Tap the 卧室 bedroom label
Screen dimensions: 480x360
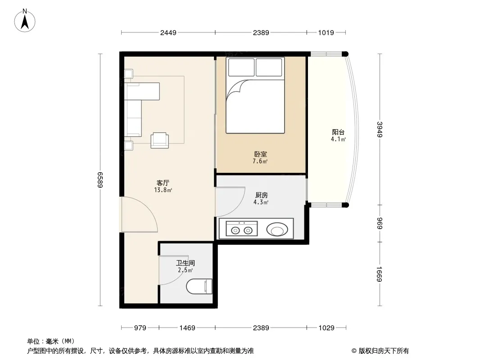pyautogui.click(x=261, y=154)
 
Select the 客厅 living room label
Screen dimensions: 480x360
pyautogui.click(x=163, y=183)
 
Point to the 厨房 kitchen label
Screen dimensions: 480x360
pyautogui.click(x=262, y=195)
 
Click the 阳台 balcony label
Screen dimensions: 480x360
pyautogui.click(x=338, y=132)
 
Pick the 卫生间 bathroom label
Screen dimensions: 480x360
pyautogui.click(x=185, y=263)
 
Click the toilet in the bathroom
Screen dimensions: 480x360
pyautogui.click(x=199, y=287)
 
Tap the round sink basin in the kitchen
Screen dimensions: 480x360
pyautogui.click(x=277, y=229)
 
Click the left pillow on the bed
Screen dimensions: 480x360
pyautogui.click(x=241, y=67)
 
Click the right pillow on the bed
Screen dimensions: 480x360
pyautogui.click(x=269, y=67)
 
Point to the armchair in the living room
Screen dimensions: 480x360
pyautogui.click(x=159, y=140)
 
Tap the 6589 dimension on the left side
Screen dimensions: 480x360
pyautogui.click(x=100, y=180)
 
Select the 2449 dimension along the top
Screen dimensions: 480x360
pyautogui.click(x=168, y=32)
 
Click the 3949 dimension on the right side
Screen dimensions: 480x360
pyautogui.click(x=380, y=130)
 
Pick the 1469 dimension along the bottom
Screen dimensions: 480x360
pyautogui.click(x=187, y=328)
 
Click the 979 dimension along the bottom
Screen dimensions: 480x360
pyautogui.click(x=140, y=328)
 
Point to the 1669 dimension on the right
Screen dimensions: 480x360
pyautogui.click(x=380, y=274)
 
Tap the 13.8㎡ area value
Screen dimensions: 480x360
pyautogui.click(x=163, y=190)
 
